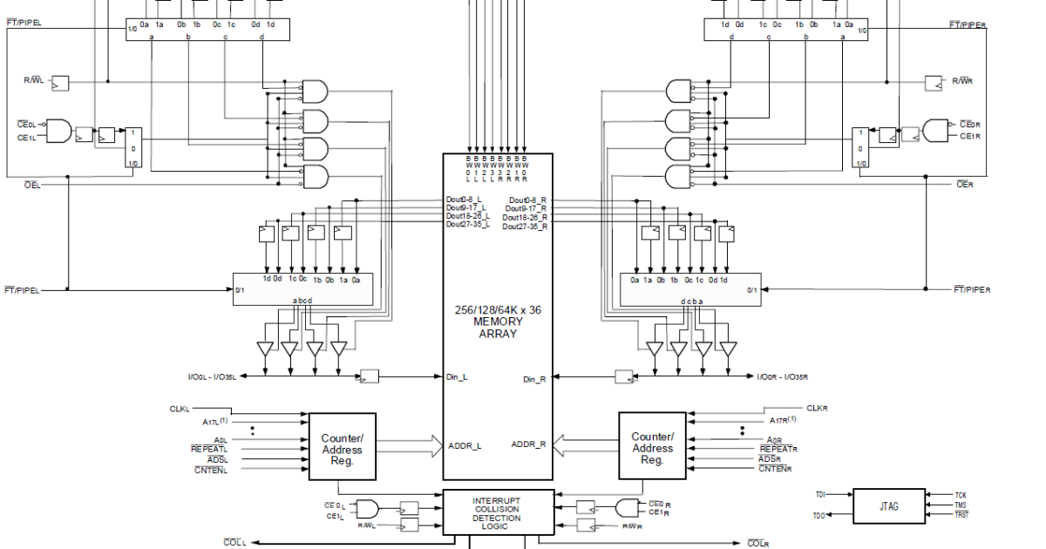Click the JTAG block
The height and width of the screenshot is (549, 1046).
coord(888,506)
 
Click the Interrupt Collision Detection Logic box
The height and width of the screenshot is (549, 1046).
coord(497,512)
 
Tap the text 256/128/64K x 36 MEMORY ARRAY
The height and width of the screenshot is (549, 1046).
coord(498,322)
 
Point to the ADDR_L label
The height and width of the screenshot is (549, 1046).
coord(465,445)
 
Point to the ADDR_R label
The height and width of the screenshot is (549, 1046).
coord(529,445)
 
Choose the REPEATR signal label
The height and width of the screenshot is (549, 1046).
coord(778,449)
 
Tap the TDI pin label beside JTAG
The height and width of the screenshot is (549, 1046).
coord(820,495)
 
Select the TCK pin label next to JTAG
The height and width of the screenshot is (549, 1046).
coord(961,495)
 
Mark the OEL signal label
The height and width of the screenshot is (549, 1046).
coord(31,185)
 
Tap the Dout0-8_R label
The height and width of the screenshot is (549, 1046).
coord(528,200)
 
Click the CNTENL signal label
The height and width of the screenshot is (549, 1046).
coord(210,470)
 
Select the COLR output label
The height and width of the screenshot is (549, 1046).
coord(757,544)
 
